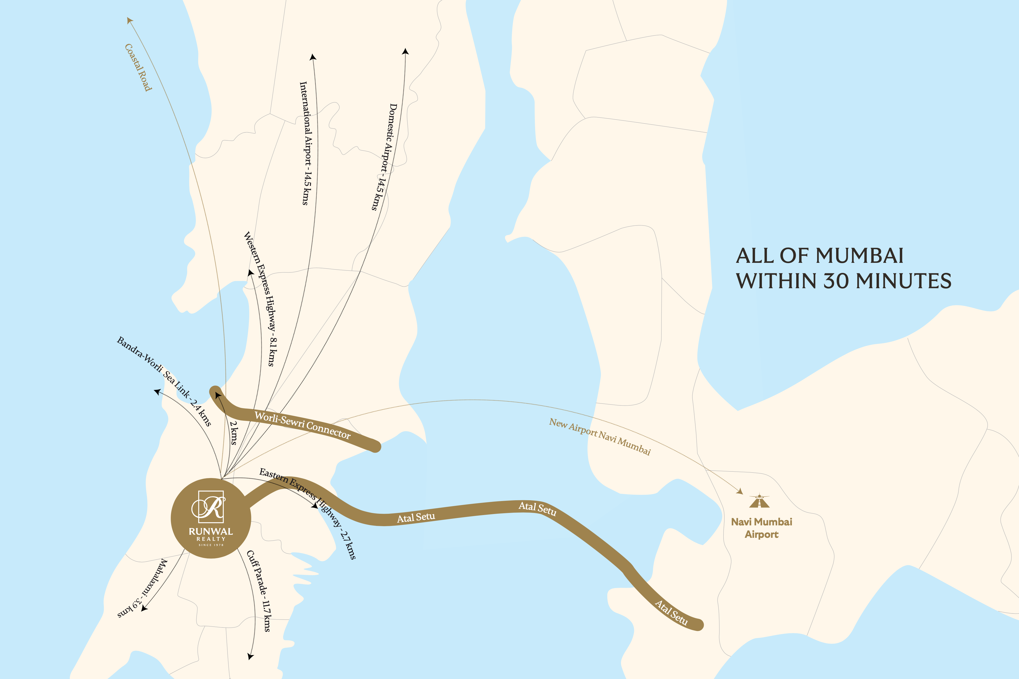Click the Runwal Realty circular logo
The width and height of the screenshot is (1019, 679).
coord(211,518)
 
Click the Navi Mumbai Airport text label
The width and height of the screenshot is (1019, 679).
coord(762,528)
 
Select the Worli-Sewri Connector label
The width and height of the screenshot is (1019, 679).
coord(302,425)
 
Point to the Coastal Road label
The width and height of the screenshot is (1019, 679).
coord(138,67)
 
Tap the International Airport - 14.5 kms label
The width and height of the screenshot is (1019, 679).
coord(305,143)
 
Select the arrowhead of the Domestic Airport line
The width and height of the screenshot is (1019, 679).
coord(405,52)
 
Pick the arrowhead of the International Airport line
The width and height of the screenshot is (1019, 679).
coord(313,57)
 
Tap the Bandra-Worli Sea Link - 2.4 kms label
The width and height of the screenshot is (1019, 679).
coord(164,381)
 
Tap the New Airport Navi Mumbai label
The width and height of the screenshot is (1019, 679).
coord(600,437)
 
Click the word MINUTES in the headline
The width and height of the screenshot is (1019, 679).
coord(904,281)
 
